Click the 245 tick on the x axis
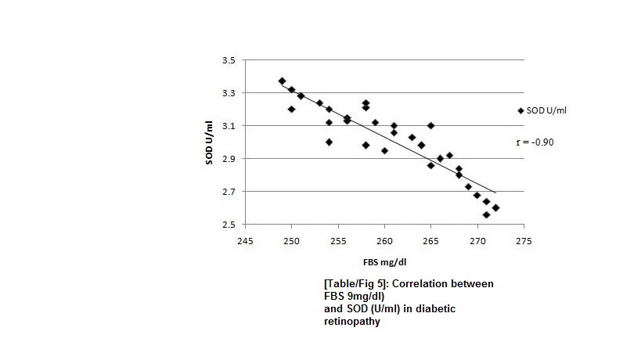point(245,240)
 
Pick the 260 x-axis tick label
point(384,240)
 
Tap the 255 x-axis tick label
point(338,240)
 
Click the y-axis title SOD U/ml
point(209,142)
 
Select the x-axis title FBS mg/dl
point(384,261)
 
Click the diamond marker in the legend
point(520,110)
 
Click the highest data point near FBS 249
point(282,81)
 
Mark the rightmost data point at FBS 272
point(495,207)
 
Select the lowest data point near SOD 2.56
point(486,214)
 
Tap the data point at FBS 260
point(384,150)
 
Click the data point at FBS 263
point(412,137)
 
